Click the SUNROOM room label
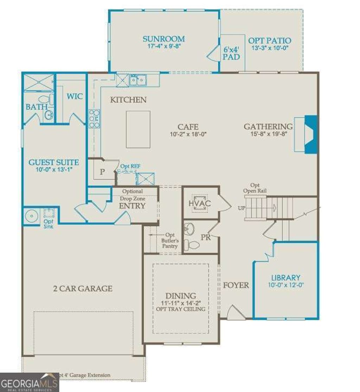pyautogui.click(x=163, y=39)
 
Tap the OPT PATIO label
pyautogui.click(x=270, y=40)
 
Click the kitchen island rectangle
pyautogui.click(x=138, y=129)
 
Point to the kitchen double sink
pyautogui.click(x=138, y=81)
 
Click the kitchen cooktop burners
pyautogui.click(x=95, y=118)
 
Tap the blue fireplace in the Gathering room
pyautogui.click(x=310, y=134)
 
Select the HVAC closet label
pyautogui.click(x=199, y=203)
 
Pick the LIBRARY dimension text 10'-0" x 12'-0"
pyautogui.click(x=285, y=285)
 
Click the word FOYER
pyautogui.click(x=236, y=285)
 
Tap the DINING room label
pyautogui.click(x=181, y=296)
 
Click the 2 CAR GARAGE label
pyautogui.click(x=83, y=289)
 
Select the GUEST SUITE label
pyautogui.click(x=53, y=162)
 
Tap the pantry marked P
pyautogui.click(x=102, y=172)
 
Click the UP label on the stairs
pyautogui.click(x=242, y=208)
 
